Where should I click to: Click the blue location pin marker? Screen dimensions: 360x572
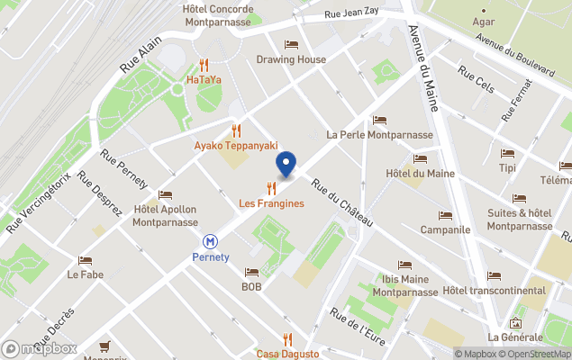tap(286, 166)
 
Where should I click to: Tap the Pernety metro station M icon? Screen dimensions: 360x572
tap(210, 241)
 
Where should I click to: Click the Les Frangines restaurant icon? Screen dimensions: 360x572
tap(271, 188)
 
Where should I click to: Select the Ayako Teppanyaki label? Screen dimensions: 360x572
tap(236, 146)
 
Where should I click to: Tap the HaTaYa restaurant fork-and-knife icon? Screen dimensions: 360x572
tap(204, 65)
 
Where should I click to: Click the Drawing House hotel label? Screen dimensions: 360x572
tap(291, 60)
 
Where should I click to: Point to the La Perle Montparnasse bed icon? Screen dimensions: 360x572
tap(379, 120)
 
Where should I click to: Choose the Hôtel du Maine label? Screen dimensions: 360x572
tap(420, 173)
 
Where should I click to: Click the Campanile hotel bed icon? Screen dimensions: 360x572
tap(445, 215)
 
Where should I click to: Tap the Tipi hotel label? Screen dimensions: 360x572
tap(507, 168)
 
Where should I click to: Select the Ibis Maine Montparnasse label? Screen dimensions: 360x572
tap(405, 285)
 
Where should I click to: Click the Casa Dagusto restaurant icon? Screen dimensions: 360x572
tap(287, 339)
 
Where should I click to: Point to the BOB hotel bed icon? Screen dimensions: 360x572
tap(250, 272)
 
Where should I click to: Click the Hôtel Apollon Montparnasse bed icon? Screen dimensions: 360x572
tap(165, 194)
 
